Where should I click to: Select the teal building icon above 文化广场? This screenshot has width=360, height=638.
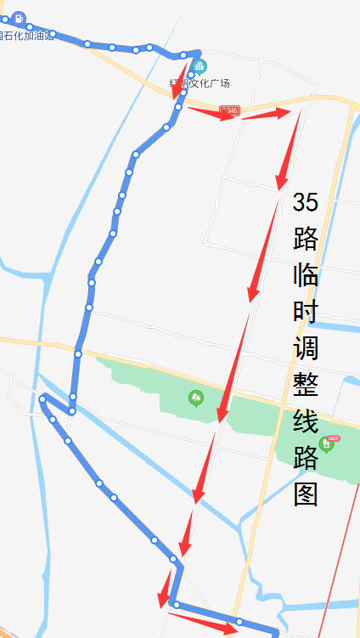[200, 66]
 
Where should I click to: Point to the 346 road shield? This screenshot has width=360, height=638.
[229, 110]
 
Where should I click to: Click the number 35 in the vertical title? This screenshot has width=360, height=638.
[306, 202]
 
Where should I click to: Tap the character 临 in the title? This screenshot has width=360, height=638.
[306, 275]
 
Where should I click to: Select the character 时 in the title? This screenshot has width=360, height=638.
[306, 312]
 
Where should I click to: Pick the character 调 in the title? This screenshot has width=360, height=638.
[306, 348]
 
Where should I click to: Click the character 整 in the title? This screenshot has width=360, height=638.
[306, 386]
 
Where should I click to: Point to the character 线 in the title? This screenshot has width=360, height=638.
[306, 422]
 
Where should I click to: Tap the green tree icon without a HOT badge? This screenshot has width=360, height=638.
[196, 397]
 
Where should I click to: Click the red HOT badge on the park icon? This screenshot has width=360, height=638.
[333, 438]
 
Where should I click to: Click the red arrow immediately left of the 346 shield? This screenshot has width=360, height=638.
[209, 112]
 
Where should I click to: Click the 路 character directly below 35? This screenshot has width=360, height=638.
[306, 239]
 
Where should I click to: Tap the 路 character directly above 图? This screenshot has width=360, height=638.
[306, 459]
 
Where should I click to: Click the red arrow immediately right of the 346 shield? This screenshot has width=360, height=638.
[267, 113]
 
